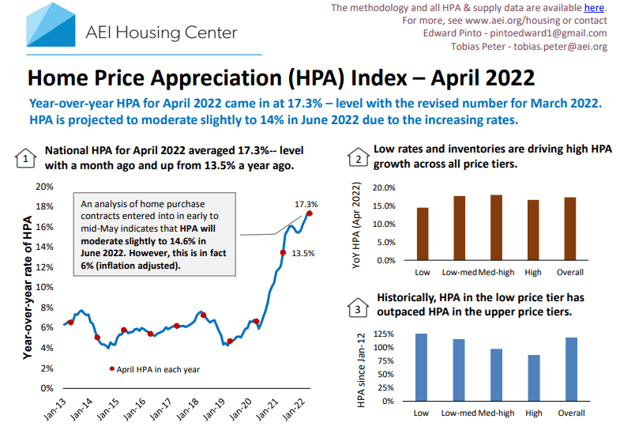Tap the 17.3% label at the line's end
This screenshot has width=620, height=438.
click(307, 204)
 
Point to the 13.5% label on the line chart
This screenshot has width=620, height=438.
click(303, 253)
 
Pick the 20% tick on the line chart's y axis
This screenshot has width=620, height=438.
click(43, 187)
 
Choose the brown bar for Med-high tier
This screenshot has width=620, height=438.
click(496, 228)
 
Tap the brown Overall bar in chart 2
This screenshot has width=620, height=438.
click(570, 228)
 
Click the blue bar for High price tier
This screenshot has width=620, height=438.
click(533, 378)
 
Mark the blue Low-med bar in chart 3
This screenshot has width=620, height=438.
click(459, 370)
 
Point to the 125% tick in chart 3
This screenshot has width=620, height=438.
click(384, 334)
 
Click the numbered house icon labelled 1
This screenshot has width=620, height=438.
click(26, 158)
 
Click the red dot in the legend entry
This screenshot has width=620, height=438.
click(111, 369)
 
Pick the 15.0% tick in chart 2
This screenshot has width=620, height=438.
click(383, 206)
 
